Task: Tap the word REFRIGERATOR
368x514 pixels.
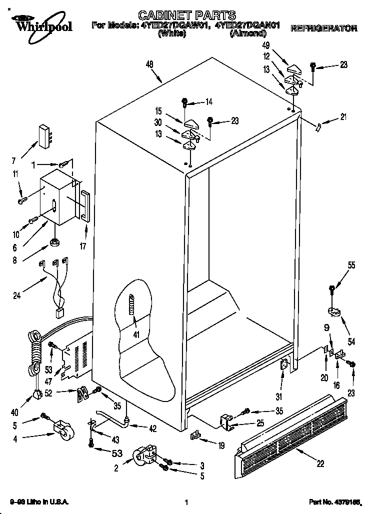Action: pos(324,29)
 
